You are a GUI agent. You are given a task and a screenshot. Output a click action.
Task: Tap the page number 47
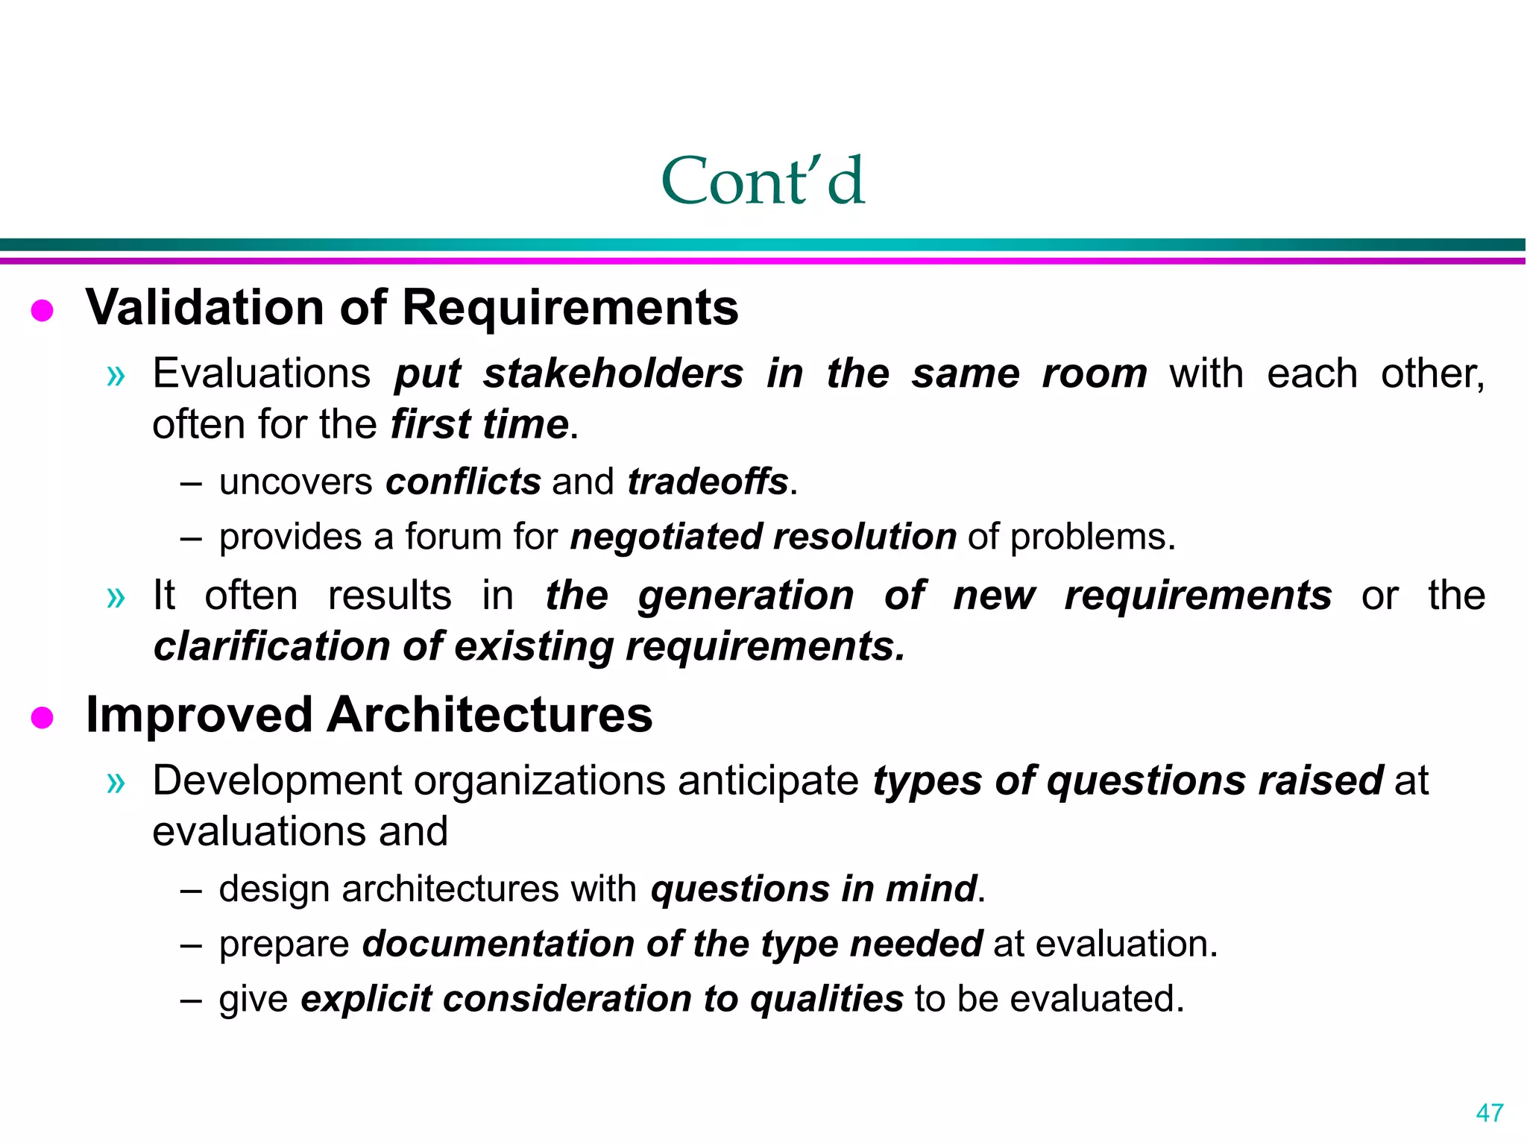(1489, 1113)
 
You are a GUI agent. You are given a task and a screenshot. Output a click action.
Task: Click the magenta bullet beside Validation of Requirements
(42, 310)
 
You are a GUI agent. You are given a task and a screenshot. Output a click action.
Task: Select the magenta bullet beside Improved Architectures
(42, 718)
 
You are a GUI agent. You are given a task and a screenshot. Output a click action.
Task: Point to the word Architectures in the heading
(489, 715)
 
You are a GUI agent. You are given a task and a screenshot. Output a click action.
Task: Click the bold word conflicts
(463, 482)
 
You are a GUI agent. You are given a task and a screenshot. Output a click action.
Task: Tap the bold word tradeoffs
(708, 482)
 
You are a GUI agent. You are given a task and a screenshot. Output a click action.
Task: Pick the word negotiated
(667, 537)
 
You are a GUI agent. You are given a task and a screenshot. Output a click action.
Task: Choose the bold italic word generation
(746, 596)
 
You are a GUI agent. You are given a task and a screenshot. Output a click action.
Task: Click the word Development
(277, 780)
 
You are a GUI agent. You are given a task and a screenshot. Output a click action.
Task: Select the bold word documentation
(498, 944)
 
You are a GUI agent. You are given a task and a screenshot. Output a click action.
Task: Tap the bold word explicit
(366, 999)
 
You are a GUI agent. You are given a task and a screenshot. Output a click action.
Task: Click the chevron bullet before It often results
(116, 597)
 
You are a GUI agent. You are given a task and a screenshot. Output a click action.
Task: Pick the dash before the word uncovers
(191, 483)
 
